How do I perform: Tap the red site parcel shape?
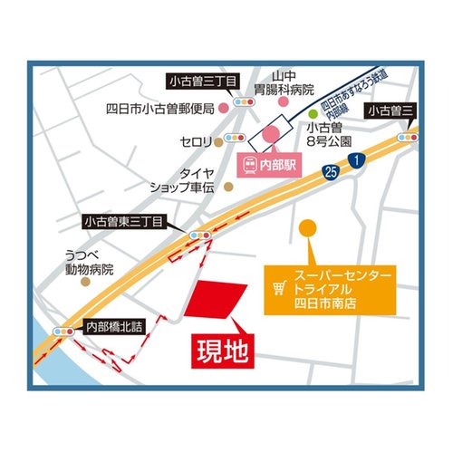[x=216, y=300]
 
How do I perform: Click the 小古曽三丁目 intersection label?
[x=204, y=82]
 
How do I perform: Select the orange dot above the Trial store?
[x=309, y=228]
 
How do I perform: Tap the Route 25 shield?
[x=332, y=170]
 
